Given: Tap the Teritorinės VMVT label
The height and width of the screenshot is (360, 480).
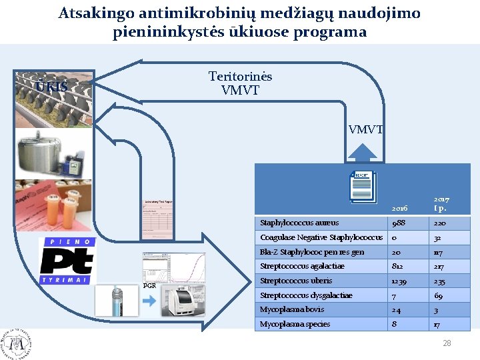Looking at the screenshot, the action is (x=240, y=83).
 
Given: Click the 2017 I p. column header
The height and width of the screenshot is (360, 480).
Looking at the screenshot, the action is (x=441, y=203).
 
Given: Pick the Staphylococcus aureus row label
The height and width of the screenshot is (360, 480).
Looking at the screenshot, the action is (x=299, y=223).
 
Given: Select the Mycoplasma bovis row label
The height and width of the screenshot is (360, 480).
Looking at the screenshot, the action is (x=292, y=309).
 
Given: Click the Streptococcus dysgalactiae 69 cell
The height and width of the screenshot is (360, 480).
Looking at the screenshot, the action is (x=439, y=295).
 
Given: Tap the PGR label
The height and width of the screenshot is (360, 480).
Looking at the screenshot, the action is (x=150, y=285).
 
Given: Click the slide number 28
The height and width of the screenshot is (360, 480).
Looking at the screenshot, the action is (x=447, y=343).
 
